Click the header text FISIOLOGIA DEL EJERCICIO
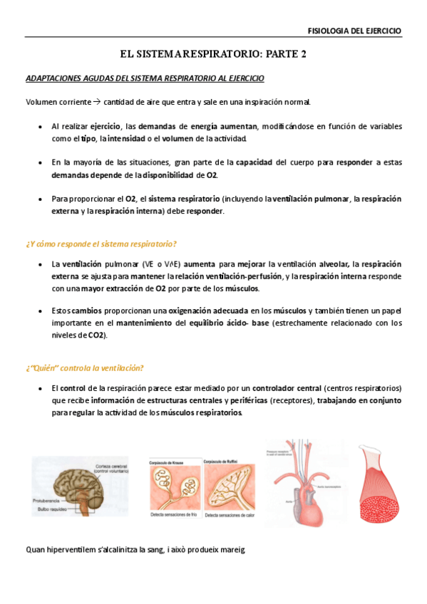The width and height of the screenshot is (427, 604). pos(354,31)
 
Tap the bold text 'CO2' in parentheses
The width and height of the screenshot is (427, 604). pos(96,335)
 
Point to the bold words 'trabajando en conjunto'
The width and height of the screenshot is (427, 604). pos(359,400)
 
